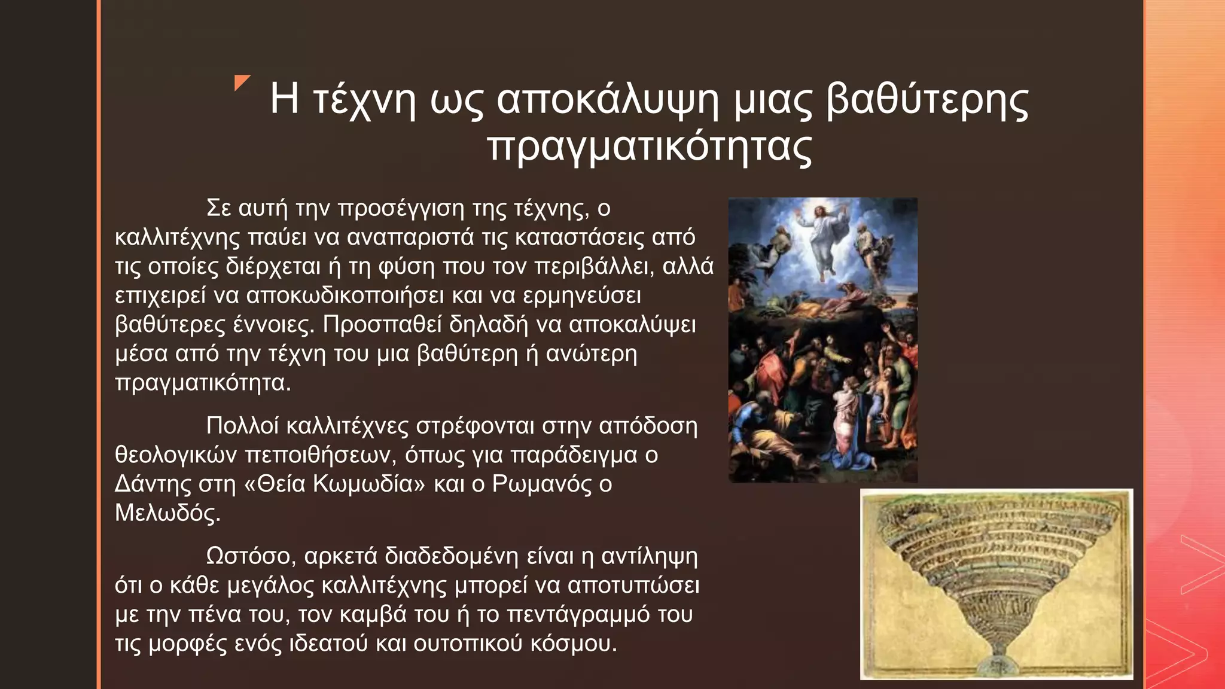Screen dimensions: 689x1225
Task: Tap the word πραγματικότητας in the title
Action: [650, 147]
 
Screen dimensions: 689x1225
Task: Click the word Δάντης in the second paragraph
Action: [153, 484]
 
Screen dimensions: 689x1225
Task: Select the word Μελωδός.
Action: [167, 513]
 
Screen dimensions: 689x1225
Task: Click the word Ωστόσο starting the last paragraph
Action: [251, 556]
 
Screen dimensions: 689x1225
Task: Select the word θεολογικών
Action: [176, 455]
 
